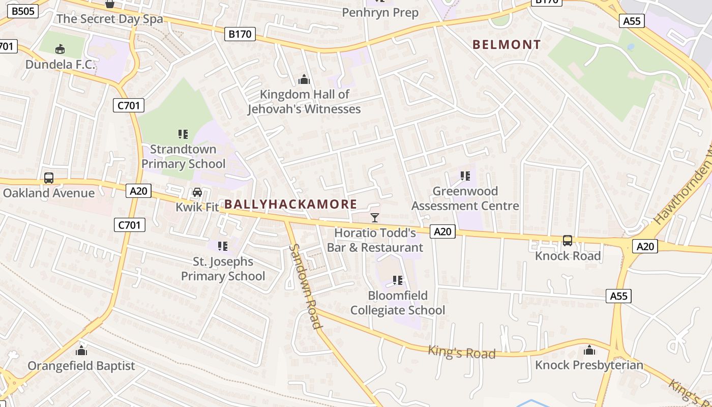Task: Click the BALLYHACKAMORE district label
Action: coord(290,205)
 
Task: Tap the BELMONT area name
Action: coord(507,45)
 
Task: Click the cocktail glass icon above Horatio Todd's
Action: coord(375,218)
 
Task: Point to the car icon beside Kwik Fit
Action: coord(197,192)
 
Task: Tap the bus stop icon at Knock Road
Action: coord(568,240)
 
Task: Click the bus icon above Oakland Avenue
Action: coord(49,178)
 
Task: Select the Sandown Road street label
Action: coord(305,286)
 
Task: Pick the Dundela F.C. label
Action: coord(60,65)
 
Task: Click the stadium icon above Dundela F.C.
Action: coord(60,49)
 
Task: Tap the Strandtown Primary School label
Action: coord(183,156)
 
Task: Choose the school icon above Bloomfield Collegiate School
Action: coord(398,280)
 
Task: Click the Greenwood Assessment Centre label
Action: coord(465,198)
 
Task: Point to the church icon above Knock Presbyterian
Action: coord(589,350)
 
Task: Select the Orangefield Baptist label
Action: coord(81,366)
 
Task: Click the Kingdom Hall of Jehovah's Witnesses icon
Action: coord(304,79)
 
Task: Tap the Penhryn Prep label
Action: coord(380,12)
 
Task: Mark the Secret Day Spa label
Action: coord(110,19)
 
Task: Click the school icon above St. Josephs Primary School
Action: coord(223,246)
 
